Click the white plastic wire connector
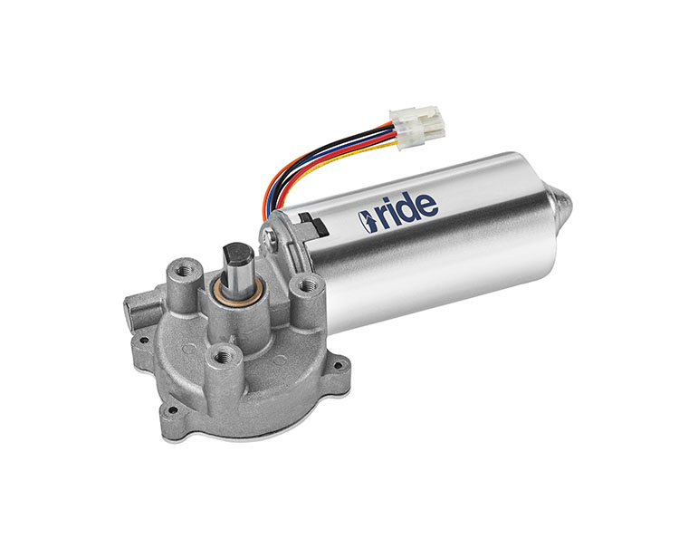click(416, 127)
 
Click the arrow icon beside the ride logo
click(368, 222)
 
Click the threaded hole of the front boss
click(225, 358)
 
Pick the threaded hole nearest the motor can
click(308, 285)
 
